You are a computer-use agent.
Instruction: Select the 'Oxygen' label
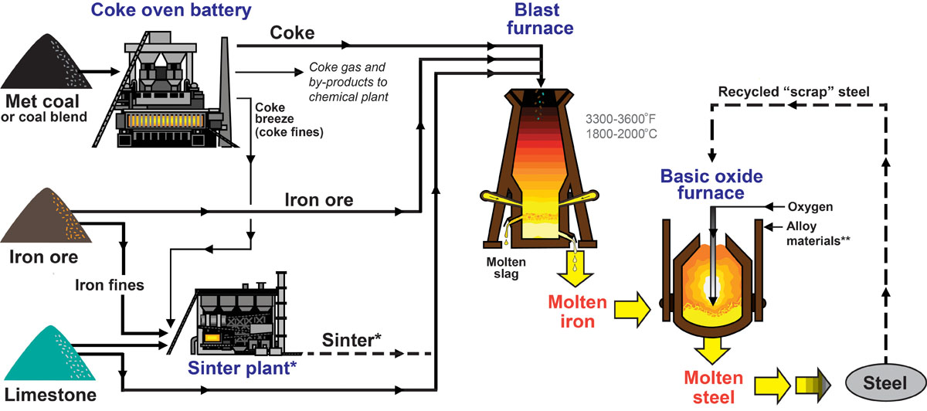(809, 206)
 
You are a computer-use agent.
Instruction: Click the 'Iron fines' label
(109, 284)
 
